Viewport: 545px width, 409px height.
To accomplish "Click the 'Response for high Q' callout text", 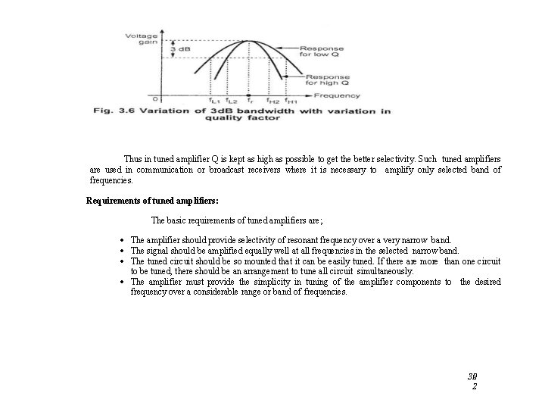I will (328, 80).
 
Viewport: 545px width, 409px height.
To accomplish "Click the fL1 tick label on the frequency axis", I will (215, 101).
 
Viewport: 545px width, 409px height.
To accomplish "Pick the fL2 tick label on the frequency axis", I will (232, 101).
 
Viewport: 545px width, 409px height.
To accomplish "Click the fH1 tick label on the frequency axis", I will (291, 101).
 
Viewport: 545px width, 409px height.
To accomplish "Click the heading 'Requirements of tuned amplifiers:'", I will (152, 201).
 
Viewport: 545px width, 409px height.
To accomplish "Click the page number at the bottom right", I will (473, 380).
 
